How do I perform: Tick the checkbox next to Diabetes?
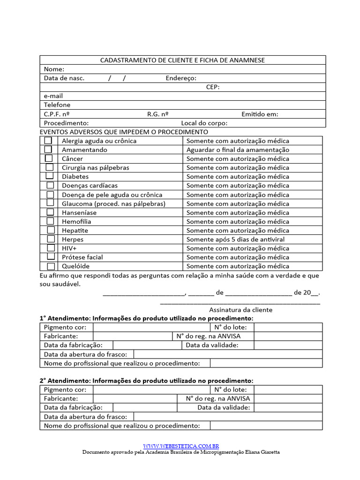pos(49,176)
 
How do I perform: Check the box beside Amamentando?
pos(48,150)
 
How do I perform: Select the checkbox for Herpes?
pos(50,239)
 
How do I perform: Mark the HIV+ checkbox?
pos(50,248)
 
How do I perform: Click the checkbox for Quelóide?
pos(50,266)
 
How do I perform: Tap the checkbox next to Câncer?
pos(48,158)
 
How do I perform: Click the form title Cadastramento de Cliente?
pos(182,60)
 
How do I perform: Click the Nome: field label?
pos(54,69)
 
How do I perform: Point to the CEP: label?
pos(213,87)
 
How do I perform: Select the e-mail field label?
pos(53,96)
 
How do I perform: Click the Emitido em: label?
pos(260,114)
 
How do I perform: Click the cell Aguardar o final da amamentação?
pos(238,150)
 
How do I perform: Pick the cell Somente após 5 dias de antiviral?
pos(235,240)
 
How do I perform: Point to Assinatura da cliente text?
pos(240,310)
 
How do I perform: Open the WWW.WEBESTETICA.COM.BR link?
pos(181,446)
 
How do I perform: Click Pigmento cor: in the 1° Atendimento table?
pos(65,327)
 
